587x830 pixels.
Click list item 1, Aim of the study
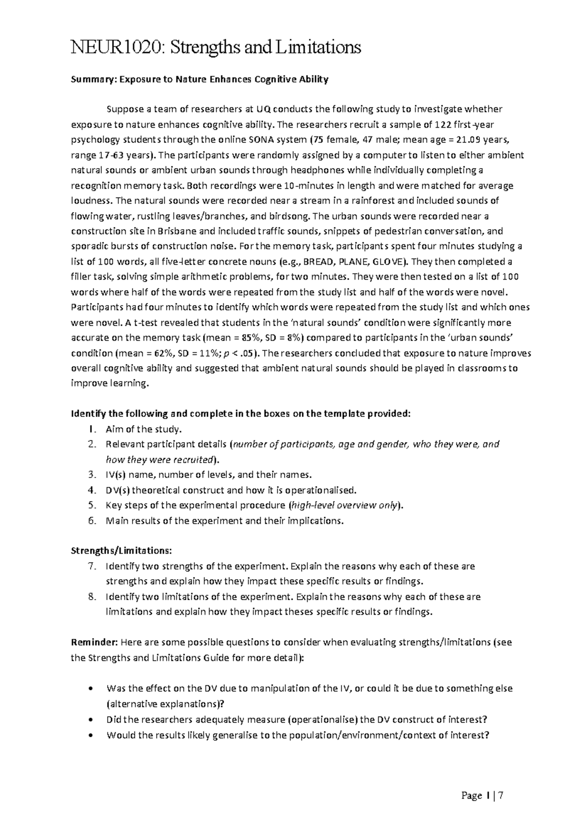143,429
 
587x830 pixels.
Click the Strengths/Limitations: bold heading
121,551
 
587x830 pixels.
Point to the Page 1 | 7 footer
482,796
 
